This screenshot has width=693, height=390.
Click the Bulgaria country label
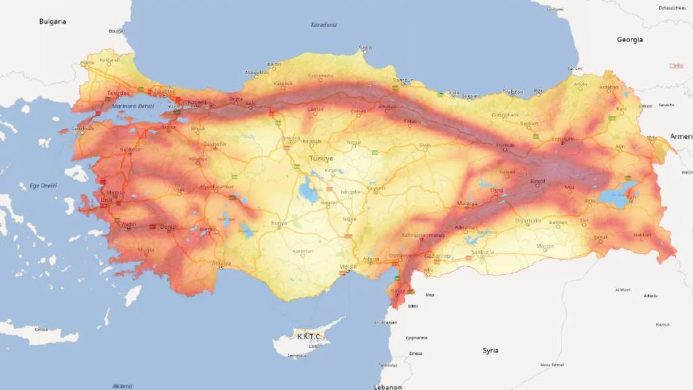(52, 22)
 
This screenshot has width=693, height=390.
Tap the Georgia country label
(629, 40)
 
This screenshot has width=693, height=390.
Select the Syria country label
(490, 350)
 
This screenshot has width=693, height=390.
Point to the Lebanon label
(388, 387)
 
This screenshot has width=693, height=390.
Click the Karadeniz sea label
(323, 25)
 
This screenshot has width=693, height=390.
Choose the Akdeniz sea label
(123, 386)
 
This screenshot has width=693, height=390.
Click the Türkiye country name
(321, 158)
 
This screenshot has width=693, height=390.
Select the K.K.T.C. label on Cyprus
(309, 336)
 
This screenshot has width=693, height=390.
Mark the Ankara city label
(291, 138)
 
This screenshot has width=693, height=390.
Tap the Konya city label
(279, 223)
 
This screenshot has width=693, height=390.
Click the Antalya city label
(221, 263)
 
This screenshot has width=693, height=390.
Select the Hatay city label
(398, 290)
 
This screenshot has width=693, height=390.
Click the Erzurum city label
(563, 139)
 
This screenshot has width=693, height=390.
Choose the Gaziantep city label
(437, 256)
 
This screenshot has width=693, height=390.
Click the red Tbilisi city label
(675, 66)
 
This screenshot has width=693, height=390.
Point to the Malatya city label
(467, 203)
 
